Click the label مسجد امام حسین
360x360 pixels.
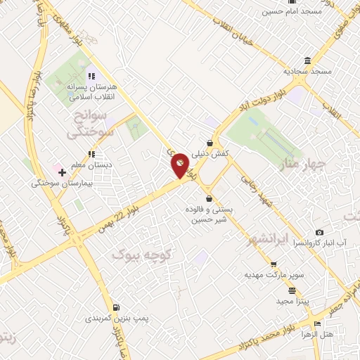tap(292, 11)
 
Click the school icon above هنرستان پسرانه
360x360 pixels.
tap(91, 75)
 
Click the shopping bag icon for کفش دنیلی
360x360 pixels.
tap(210, 143)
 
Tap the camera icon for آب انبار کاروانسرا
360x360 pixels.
tap(320, 232)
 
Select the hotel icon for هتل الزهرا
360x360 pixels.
tap(318, 324)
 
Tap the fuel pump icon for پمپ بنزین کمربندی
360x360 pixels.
tap(115, 307)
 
